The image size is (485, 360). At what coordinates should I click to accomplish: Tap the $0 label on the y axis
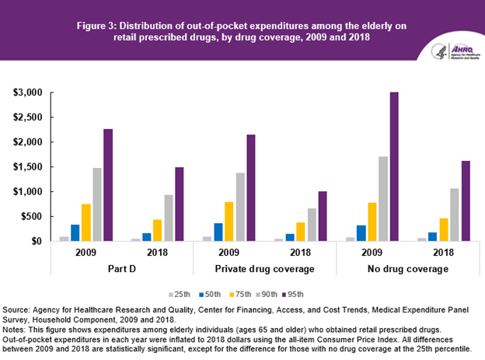coord(36,241)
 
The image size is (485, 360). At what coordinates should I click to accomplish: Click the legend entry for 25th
coord(181,294)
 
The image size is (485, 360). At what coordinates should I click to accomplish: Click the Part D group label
coord(122,270)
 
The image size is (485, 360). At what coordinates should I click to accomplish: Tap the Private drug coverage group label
coord(264,270)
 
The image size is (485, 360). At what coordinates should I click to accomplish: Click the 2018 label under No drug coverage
coord(442,253)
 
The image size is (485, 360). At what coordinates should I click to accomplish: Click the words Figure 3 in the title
coord(96,26)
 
